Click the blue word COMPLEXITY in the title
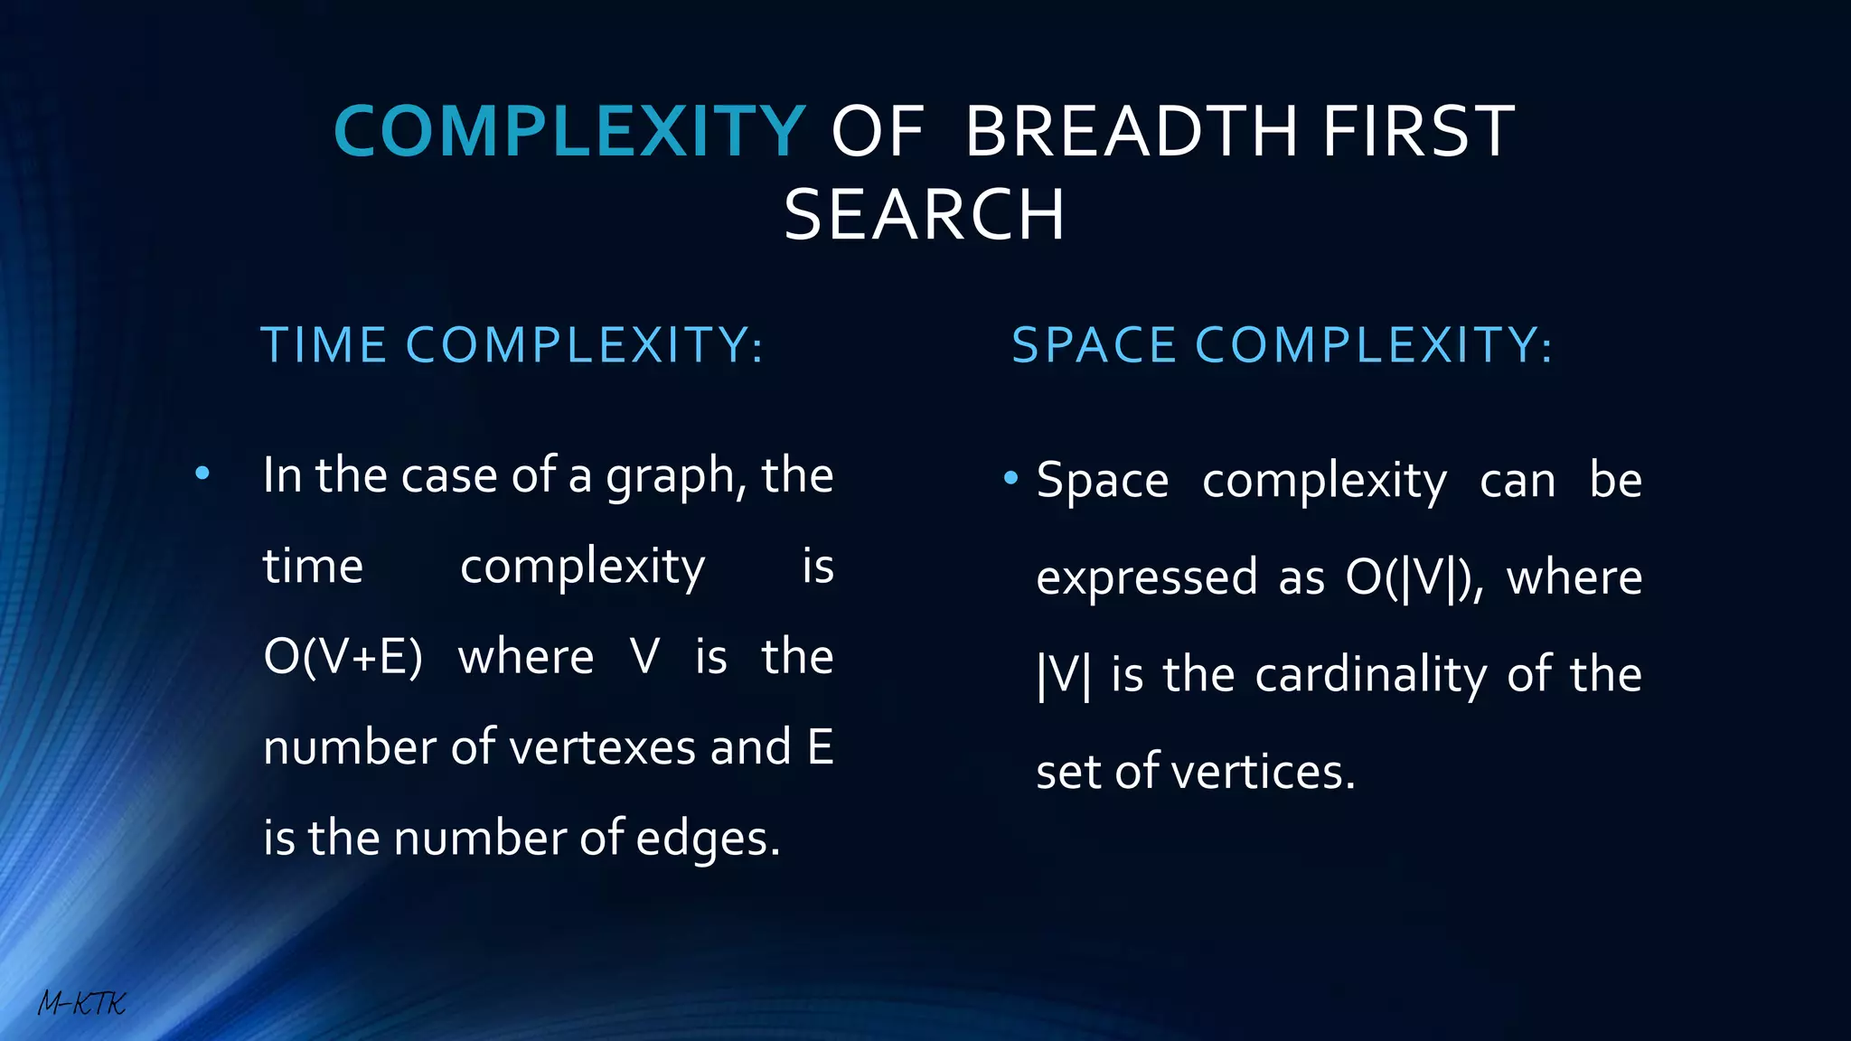[569, 132]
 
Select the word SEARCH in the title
[924, 216]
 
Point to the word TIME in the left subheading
[324, 345]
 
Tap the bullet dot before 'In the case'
[202, 473]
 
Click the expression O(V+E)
[343, 657]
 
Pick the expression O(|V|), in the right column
[1414, 578]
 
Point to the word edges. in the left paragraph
[708, 839]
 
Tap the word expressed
[1146, 578]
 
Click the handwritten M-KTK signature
[81, 1003]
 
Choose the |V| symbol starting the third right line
[1064, 676]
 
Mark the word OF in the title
[878, 132]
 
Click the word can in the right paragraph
[1517, 481]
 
